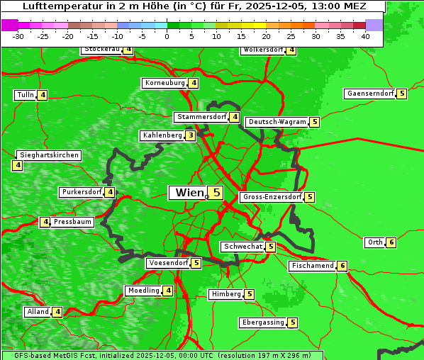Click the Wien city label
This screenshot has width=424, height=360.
coord(188,193)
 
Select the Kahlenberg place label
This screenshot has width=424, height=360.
coord(162,135)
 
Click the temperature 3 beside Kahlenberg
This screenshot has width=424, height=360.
coord(191,135)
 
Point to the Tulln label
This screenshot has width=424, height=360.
coord(26,95)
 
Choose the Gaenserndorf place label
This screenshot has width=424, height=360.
coord(369,94)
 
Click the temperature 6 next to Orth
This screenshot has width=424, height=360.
coord(391,242)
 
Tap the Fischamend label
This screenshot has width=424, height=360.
coord(312,266)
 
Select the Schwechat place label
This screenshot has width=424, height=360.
coord(242,247)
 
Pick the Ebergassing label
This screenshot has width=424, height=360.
coord(263,322)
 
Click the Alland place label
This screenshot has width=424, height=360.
coord(38,312)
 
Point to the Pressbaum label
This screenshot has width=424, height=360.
coord(73,222)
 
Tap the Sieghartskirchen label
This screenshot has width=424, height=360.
coord(49,155)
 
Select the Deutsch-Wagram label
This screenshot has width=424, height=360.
coord(277,122)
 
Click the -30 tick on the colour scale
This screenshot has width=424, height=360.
coord(18,36)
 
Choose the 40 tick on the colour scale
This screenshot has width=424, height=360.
coord(365,36)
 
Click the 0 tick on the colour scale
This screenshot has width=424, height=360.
coord(167,36)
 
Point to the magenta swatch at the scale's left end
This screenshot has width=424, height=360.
coord(9,25)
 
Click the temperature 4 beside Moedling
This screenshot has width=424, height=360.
coord(168,291)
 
